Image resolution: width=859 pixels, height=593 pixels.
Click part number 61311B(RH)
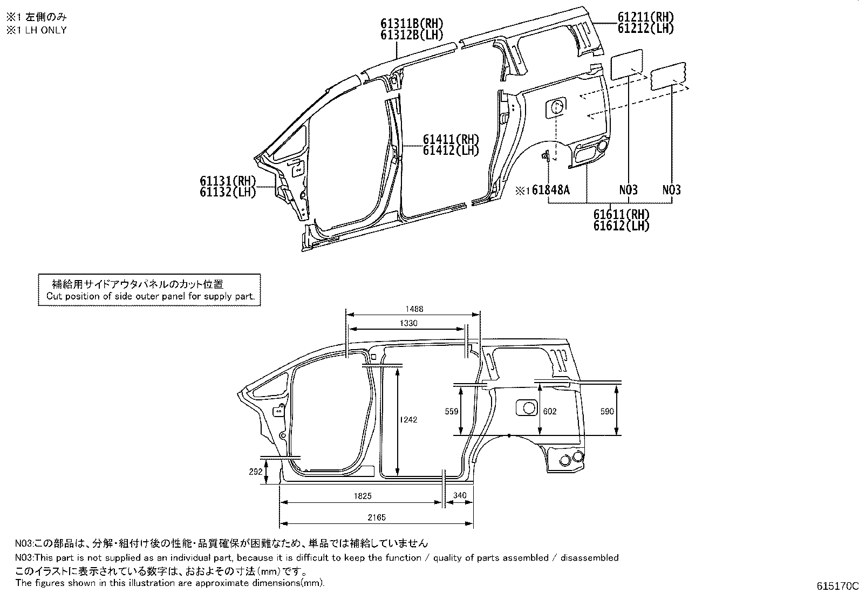[412, 24]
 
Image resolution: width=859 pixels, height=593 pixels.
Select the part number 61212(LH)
[645, 29]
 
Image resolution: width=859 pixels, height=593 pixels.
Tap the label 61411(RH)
[451, 139]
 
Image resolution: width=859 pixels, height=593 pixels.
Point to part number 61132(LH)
[228, 192]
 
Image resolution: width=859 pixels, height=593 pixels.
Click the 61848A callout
[551, 190]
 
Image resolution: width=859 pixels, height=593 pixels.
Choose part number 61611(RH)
[622, 214]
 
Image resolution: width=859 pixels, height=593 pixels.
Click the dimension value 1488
[414, 309]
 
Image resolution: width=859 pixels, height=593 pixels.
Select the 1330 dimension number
[408, 323]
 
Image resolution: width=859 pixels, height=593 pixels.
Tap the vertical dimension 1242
[408, 420]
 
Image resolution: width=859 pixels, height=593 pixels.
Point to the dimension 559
[452, 412]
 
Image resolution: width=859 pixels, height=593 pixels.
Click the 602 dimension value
[549, 412]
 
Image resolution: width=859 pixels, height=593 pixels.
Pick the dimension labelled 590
[607, 412]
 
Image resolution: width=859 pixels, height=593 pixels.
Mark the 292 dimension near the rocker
[255, 472]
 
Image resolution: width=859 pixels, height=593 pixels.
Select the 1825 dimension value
[363, 496]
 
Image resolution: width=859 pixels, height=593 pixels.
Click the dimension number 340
[459, 495]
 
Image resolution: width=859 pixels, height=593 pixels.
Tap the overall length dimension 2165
[377, 518]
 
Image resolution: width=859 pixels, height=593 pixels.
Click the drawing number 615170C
[837, 586]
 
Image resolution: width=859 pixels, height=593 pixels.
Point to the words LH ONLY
[46, 30]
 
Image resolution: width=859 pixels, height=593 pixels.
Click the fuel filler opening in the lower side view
[527, 408]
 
